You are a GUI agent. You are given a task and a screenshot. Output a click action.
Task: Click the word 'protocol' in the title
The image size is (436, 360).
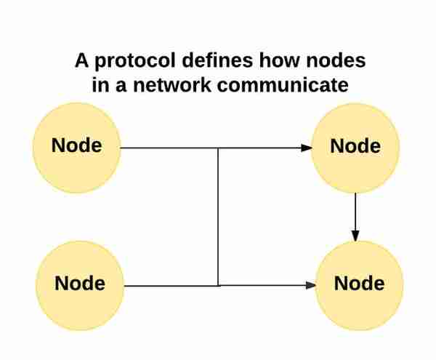coord(135,61)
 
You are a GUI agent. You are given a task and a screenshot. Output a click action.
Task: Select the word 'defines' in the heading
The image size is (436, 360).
coord(217,60)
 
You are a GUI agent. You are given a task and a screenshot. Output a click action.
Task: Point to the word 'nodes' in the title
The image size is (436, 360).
coord(336,60)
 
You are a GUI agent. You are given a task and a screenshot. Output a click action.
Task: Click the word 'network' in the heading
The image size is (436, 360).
coord(172,84)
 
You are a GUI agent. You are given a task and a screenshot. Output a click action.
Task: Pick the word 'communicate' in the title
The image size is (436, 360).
coord(283,84)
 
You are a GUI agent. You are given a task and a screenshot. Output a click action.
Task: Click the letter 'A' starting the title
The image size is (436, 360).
coord(81,60)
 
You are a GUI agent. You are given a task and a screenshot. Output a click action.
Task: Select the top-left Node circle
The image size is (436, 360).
coord(77,148)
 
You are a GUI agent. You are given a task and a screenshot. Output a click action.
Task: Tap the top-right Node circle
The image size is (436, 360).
coord(355,148)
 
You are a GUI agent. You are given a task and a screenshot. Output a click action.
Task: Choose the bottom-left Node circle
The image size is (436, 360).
coord(80,285)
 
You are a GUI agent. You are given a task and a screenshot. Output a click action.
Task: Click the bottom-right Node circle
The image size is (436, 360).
coord(359,285)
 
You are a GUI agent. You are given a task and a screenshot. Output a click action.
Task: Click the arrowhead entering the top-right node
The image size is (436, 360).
coord(307,148)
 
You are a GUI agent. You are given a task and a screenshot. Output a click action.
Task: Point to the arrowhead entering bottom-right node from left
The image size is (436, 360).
coord(310,285)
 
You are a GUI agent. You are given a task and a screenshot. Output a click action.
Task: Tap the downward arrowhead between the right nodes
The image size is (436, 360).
coord(355,236)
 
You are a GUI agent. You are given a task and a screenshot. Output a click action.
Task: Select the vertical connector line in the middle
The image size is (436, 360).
coord(218,217)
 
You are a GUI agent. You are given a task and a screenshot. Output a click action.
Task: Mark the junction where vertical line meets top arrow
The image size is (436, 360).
coord(218,148)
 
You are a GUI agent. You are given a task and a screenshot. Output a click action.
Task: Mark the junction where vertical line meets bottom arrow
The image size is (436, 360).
coord(218,286)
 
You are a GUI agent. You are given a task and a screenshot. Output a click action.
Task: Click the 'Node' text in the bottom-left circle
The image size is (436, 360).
coord(80,283)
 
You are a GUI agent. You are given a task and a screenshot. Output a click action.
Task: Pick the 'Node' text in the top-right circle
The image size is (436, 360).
coord(355,145)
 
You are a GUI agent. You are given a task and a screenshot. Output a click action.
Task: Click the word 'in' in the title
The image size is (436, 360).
coord(100,84)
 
